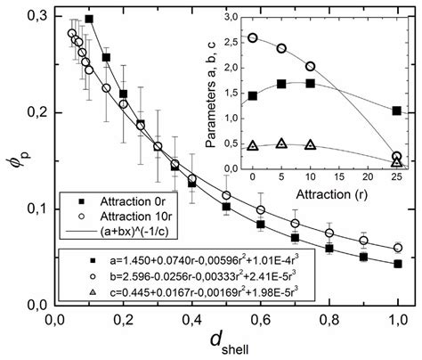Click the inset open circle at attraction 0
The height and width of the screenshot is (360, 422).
[x=254, y=38]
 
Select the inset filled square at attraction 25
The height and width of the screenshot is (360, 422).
[x=397, y=110]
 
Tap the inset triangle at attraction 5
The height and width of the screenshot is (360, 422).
[x=282, y=143]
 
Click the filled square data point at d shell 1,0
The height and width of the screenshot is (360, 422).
[x=398, y=264]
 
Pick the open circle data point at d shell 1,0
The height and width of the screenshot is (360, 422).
[x=398, y=248]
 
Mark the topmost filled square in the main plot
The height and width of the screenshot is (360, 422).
[x=89, y=18]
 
